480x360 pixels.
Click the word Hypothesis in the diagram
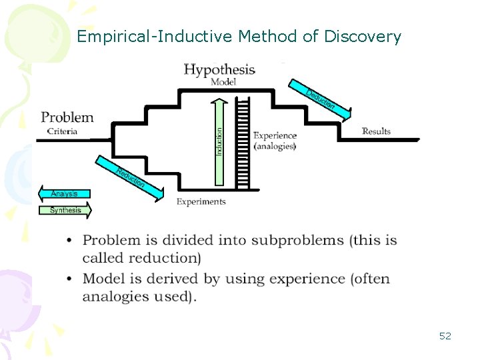[x=219, y=69]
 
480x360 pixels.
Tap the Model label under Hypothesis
[x=223, y=82]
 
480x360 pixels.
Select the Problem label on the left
[x=67, y=117]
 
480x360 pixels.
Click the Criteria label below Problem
[x=62, y=131]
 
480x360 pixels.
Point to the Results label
[x=376, y=131]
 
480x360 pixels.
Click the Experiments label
[x=201, y=201]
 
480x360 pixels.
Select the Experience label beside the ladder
[x=275, y=135]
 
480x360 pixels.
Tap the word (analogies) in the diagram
[x=275, y=146]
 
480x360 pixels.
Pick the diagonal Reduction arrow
[x=129, y=177]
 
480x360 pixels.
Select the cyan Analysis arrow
[x=64, y=194]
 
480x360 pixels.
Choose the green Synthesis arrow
[x=65, y=210]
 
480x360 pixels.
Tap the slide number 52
[x=445, y=336]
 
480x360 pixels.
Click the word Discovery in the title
[x=363, y=37]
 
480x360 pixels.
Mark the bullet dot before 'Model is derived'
[x=70, y=279]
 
